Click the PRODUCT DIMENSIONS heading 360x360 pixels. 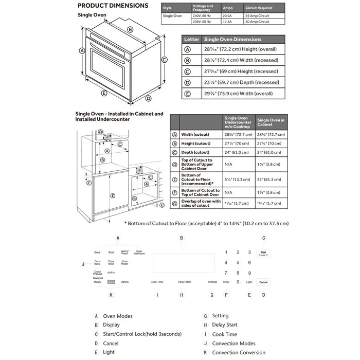pyautogui.click(x=113, y=6)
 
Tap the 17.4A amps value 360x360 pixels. pyautogui.click(x=227, y=22)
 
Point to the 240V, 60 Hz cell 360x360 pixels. pyautogui.click(x=202, y=16)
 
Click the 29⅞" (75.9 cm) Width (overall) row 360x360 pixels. pyautogui.click(x=233, y=94)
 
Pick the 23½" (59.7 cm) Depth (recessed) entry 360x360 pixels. pyautogui.click(x=233, y=82)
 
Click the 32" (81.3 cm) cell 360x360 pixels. pyautogui.click(x=271, y=180)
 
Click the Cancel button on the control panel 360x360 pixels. pyautogui.click(x=263, y=282)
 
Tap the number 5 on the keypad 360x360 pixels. pyautogui.click(x=238, y=262)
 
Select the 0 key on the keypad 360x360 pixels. pyautogui.click(x=238, y=282)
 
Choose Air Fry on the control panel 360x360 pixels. pyautogui.click(x=111, y=273)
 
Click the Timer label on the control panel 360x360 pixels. pyautogui.click(x=226, y=282)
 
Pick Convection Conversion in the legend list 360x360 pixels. pyautogui.click(x=239, y=352)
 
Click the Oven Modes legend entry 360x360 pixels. pyautogui.click(x=118, y=316)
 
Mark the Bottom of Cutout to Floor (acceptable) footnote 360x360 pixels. pyautogui.click(x=207, y=223)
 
